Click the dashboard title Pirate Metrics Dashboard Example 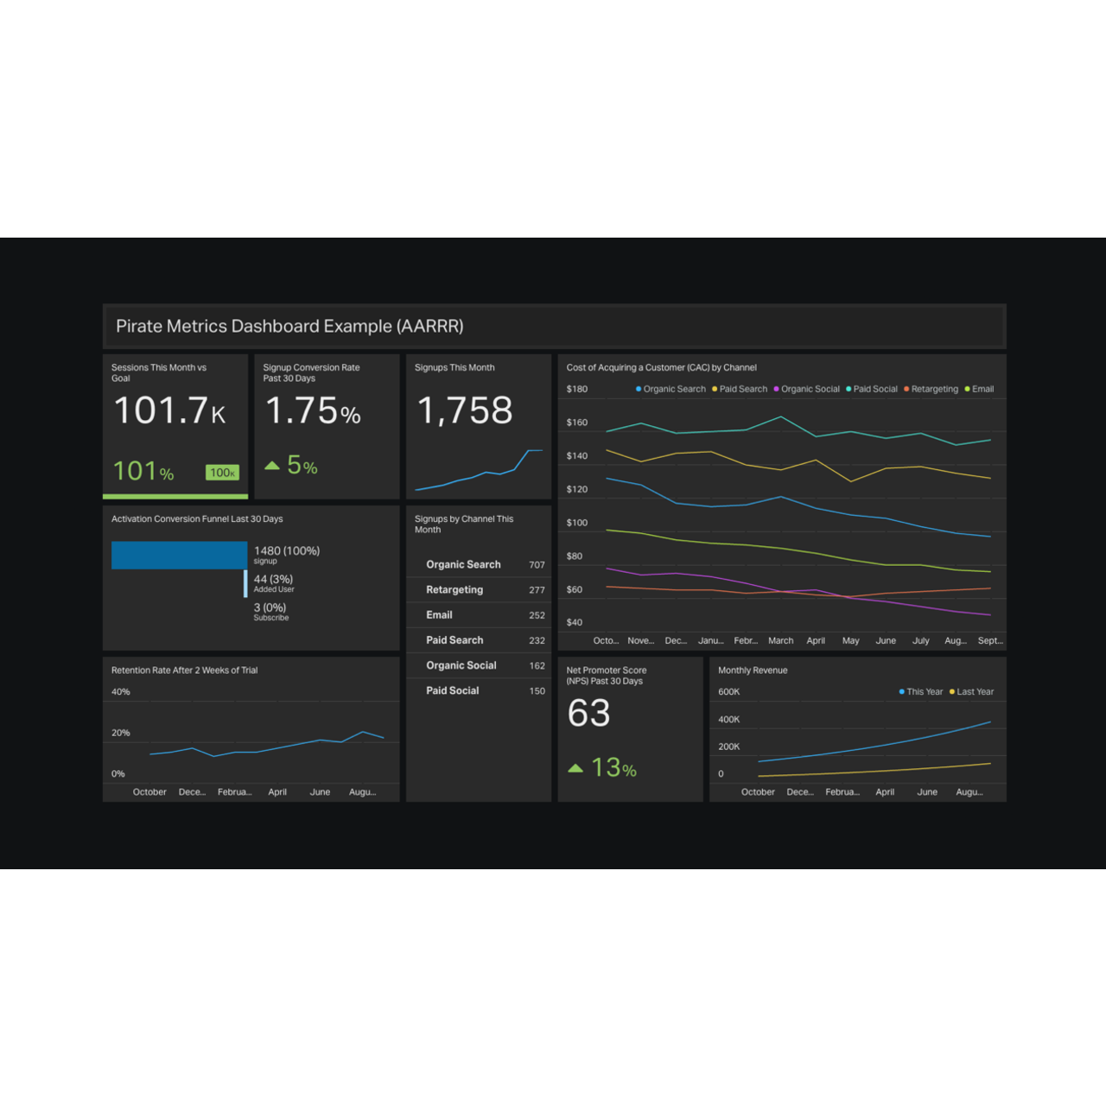(x=289, y=327)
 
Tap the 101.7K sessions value (x=169, y=410)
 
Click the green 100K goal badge (x=222, y=473)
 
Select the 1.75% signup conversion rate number (x=312, y=411)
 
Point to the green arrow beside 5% (x=272, y=466)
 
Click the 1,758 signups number (x=465, y=410)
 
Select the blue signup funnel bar (x=179, y=556)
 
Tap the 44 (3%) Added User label (x=273, y=580)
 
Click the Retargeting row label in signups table (x=454, y=590)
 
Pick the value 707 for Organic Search (x=537, y=565)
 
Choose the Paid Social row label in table (x=452, y=691)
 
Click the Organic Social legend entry (x=810, y=390)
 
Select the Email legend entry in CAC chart (x=982, y=390)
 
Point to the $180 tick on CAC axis (x=576, y=390)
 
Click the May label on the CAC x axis (x=850, y=641)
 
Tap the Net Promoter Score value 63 (x=588, y=714)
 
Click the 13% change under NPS (x=613, y=768)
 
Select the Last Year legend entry (x=975, y=692)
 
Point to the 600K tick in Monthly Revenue (x=728, y=692)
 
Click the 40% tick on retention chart (x=121, y=692)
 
